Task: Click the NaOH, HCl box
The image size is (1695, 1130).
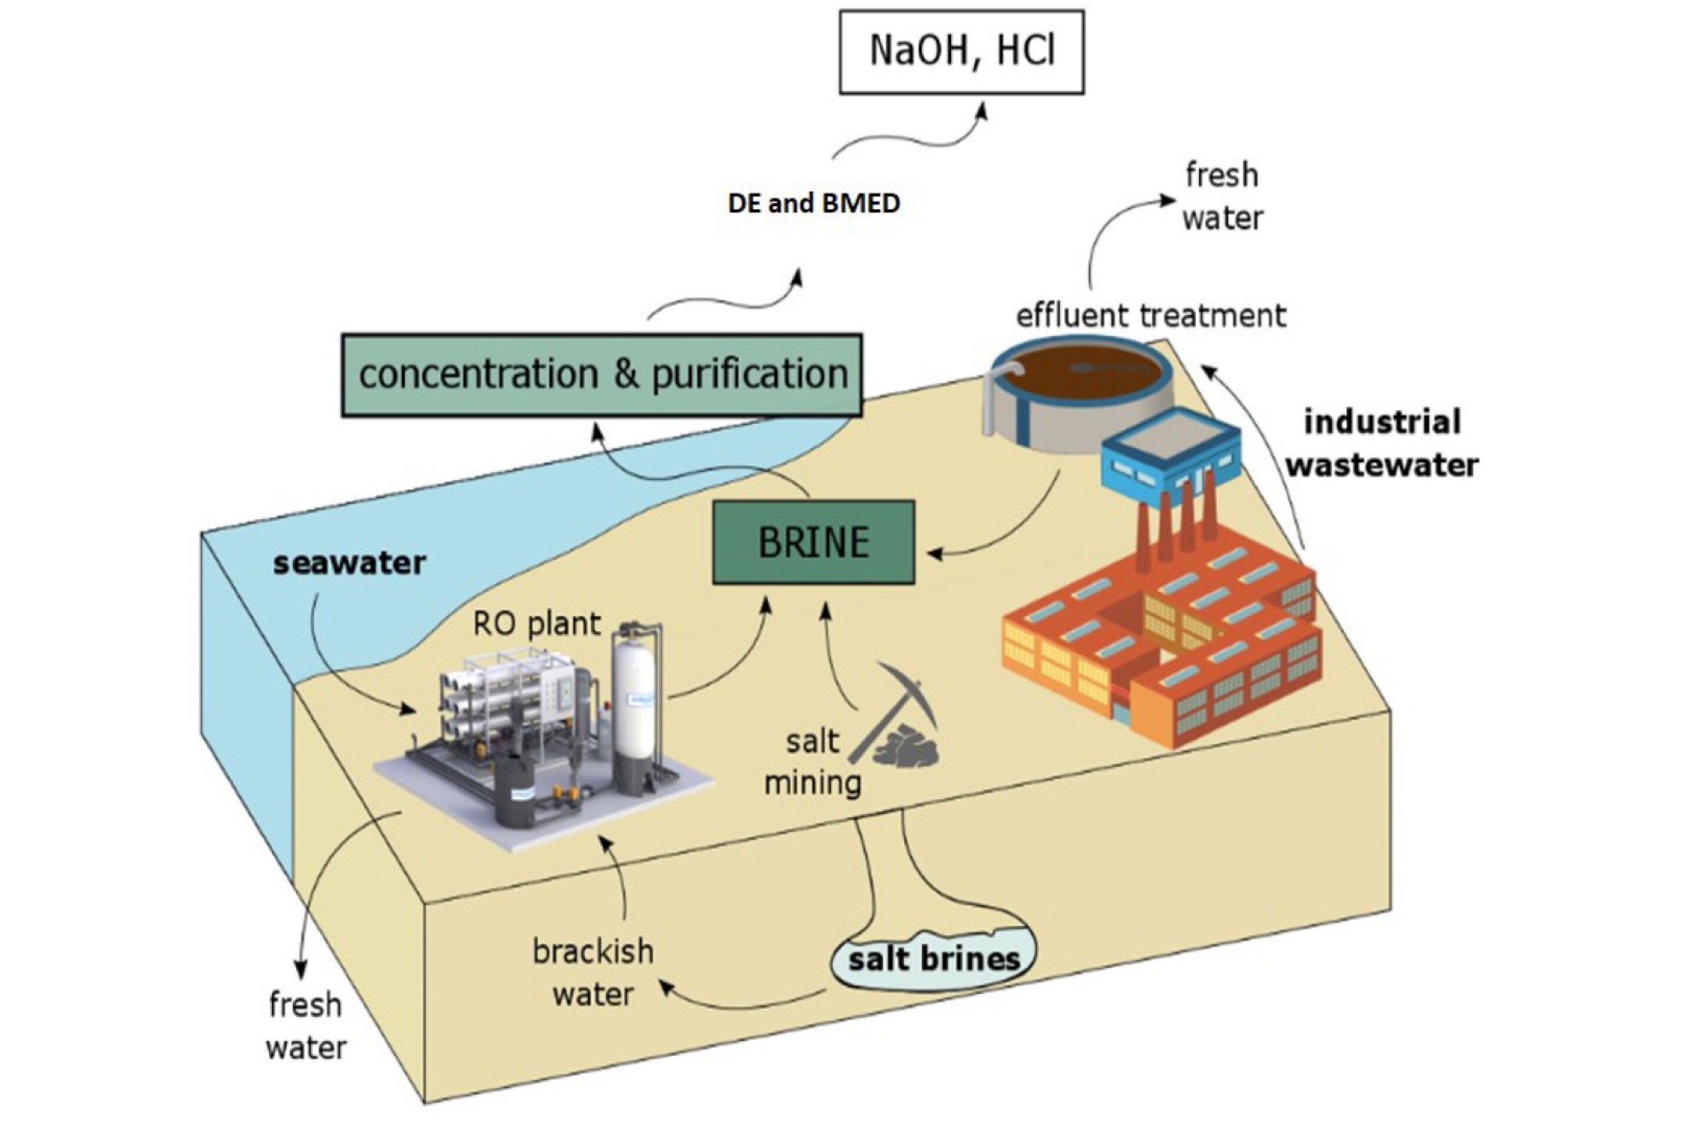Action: click(x=960, y=52)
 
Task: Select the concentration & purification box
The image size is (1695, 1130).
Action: click(x=601, y=375)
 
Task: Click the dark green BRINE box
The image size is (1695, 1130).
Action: click(x=813, y=542)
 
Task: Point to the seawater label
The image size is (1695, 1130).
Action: click(x=350, y=563)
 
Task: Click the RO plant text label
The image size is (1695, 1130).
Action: click(x=536, y=624)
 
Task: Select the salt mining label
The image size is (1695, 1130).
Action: click(x=813, y=762)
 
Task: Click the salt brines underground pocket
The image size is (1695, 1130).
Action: click(x=934, y=959)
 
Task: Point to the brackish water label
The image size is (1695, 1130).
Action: click(x=593, y=973)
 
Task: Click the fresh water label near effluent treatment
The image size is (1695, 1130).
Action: click(x=1222, y=197)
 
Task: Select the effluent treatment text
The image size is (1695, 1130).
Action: click(x=1151, y=315)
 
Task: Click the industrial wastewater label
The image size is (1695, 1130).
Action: click(x=1382, y=443)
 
